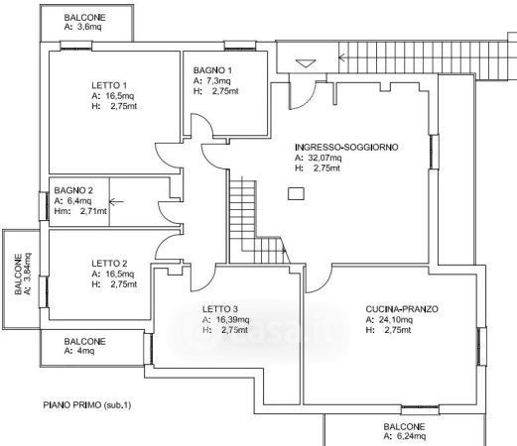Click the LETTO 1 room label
(109, 85)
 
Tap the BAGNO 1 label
(212, 70)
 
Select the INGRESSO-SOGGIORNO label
(346, 147)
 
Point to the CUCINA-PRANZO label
(402, 309)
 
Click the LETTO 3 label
(220, 309)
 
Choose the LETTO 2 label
(109, 264)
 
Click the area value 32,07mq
(324, 158)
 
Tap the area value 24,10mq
(396, 320)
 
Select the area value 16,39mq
(232, 320)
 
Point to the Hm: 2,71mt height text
(80, 211)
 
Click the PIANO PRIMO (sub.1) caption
(87, 405)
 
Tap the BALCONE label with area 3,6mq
(84, 18)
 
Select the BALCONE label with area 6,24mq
(404, 426)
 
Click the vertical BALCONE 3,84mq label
(18, 274)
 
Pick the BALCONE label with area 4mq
(84, 341)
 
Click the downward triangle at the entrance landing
(306, 63)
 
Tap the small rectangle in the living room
(296, 194)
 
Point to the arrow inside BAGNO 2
(116, 201)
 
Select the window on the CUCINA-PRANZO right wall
(481, 346)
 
